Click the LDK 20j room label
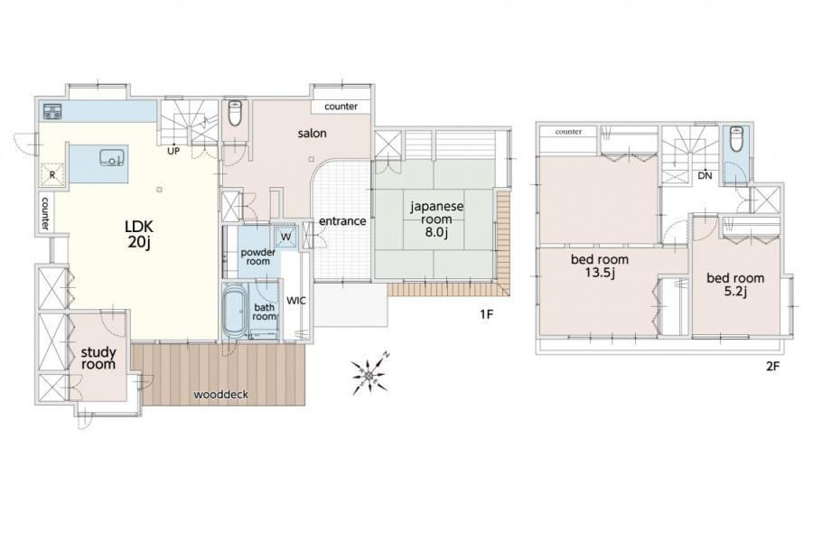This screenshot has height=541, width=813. [139, 234]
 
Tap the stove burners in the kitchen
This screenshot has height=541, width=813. [51, 111]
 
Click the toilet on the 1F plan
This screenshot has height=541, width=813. [235, 113]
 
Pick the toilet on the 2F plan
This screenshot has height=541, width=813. [736, 137]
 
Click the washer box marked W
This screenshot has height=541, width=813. [285, 237]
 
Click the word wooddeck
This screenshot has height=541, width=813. [221, 395]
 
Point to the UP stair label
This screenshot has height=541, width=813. [173, 152]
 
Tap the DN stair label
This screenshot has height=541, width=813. [705, 176]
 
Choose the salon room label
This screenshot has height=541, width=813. [313, 133]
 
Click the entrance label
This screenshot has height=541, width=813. [342, 221]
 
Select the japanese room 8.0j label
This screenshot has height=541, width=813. [436, 219]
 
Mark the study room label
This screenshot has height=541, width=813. [98, 359]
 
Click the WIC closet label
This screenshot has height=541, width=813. [296, 301]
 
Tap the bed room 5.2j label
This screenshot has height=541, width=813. [735, 284]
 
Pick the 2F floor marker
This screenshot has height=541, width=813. [772, 367]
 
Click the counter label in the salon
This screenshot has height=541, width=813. [341, 107]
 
